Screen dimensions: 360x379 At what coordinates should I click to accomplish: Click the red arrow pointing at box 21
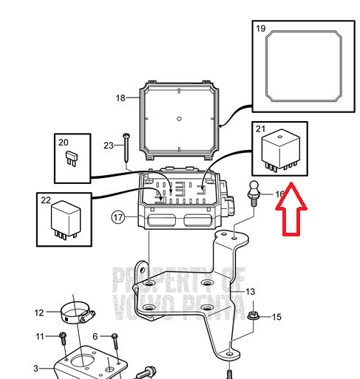tap(291, 209)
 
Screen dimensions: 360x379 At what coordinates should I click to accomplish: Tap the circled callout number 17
tap(118, 217)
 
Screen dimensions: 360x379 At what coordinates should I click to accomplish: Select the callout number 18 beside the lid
tap(120, 98)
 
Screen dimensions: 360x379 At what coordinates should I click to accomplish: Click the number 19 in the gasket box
tap(261, 29)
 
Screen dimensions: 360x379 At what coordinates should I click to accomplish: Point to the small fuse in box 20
tap(72, 159)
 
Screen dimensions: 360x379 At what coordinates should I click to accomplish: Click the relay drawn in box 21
tap(281, 151)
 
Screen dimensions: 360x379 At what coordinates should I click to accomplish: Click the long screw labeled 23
tap(126, 148)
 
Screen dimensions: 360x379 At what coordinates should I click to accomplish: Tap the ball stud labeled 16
tap(254, 194)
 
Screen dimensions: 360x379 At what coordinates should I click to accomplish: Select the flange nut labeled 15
tap(253, 315)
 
